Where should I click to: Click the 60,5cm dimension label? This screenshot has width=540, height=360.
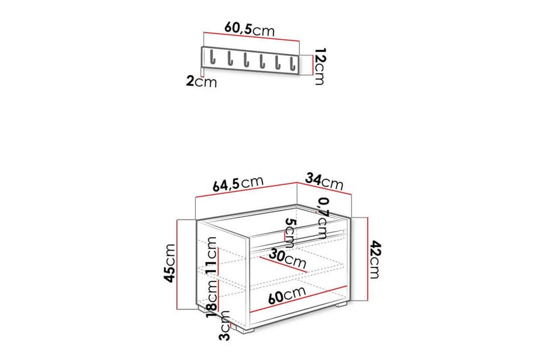[x=250, y=29]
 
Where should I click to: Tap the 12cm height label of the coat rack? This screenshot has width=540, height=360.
[x=319, y=66]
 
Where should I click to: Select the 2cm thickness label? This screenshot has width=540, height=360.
[x=201, y=82]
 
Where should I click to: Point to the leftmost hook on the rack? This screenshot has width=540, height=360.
[x=212, y=57]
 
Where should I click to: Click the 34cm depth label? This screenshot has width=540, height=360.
[x=325, y=182]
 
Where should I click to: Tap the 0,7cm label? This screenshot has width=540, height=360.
[x=323, y=218]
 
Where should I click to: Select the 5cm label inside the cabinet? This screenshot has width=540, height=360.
[x=290, y=234]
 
